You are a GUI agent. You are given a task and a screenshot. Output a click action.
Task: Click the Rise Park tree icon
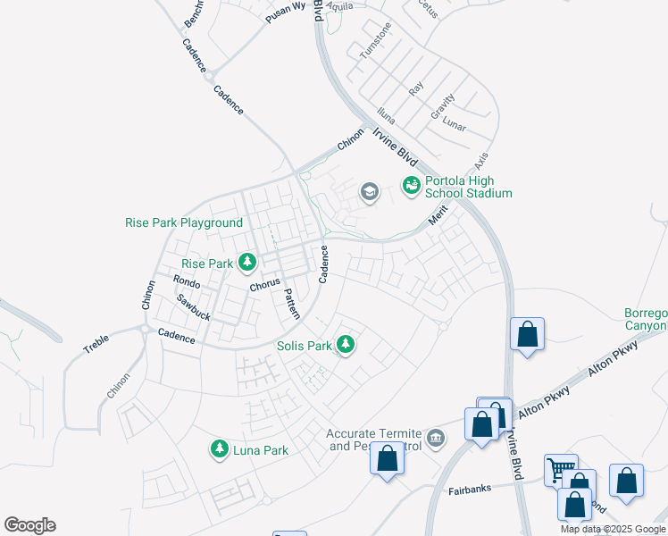coord(247,263)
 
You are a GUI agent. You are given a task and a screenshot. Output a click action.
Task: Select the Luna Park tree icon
coord(220,449)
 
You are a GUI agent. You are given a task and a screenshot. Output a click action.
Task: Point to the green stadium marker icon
coord(411,186)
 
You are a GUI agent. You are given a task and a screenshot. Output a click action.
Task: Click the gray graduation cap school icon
coord(368,191)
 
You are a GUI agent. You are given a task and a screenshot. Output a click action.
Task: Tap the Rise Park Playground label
coord(184,222)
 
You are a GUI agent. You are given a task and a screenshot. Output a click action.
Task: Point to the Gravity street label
coord(443,106)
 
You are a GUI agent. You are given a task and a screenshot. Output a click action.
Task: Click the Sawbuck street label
coord(192,308)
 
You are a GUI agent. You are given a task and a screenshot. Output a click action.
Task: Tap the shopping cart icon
coord(561,468)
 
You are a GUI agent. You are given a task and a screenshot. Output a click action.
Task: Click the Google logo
coord(29,525)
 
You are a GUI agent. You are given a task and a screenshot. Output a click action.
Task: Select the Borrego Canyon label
coord(645,319)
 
